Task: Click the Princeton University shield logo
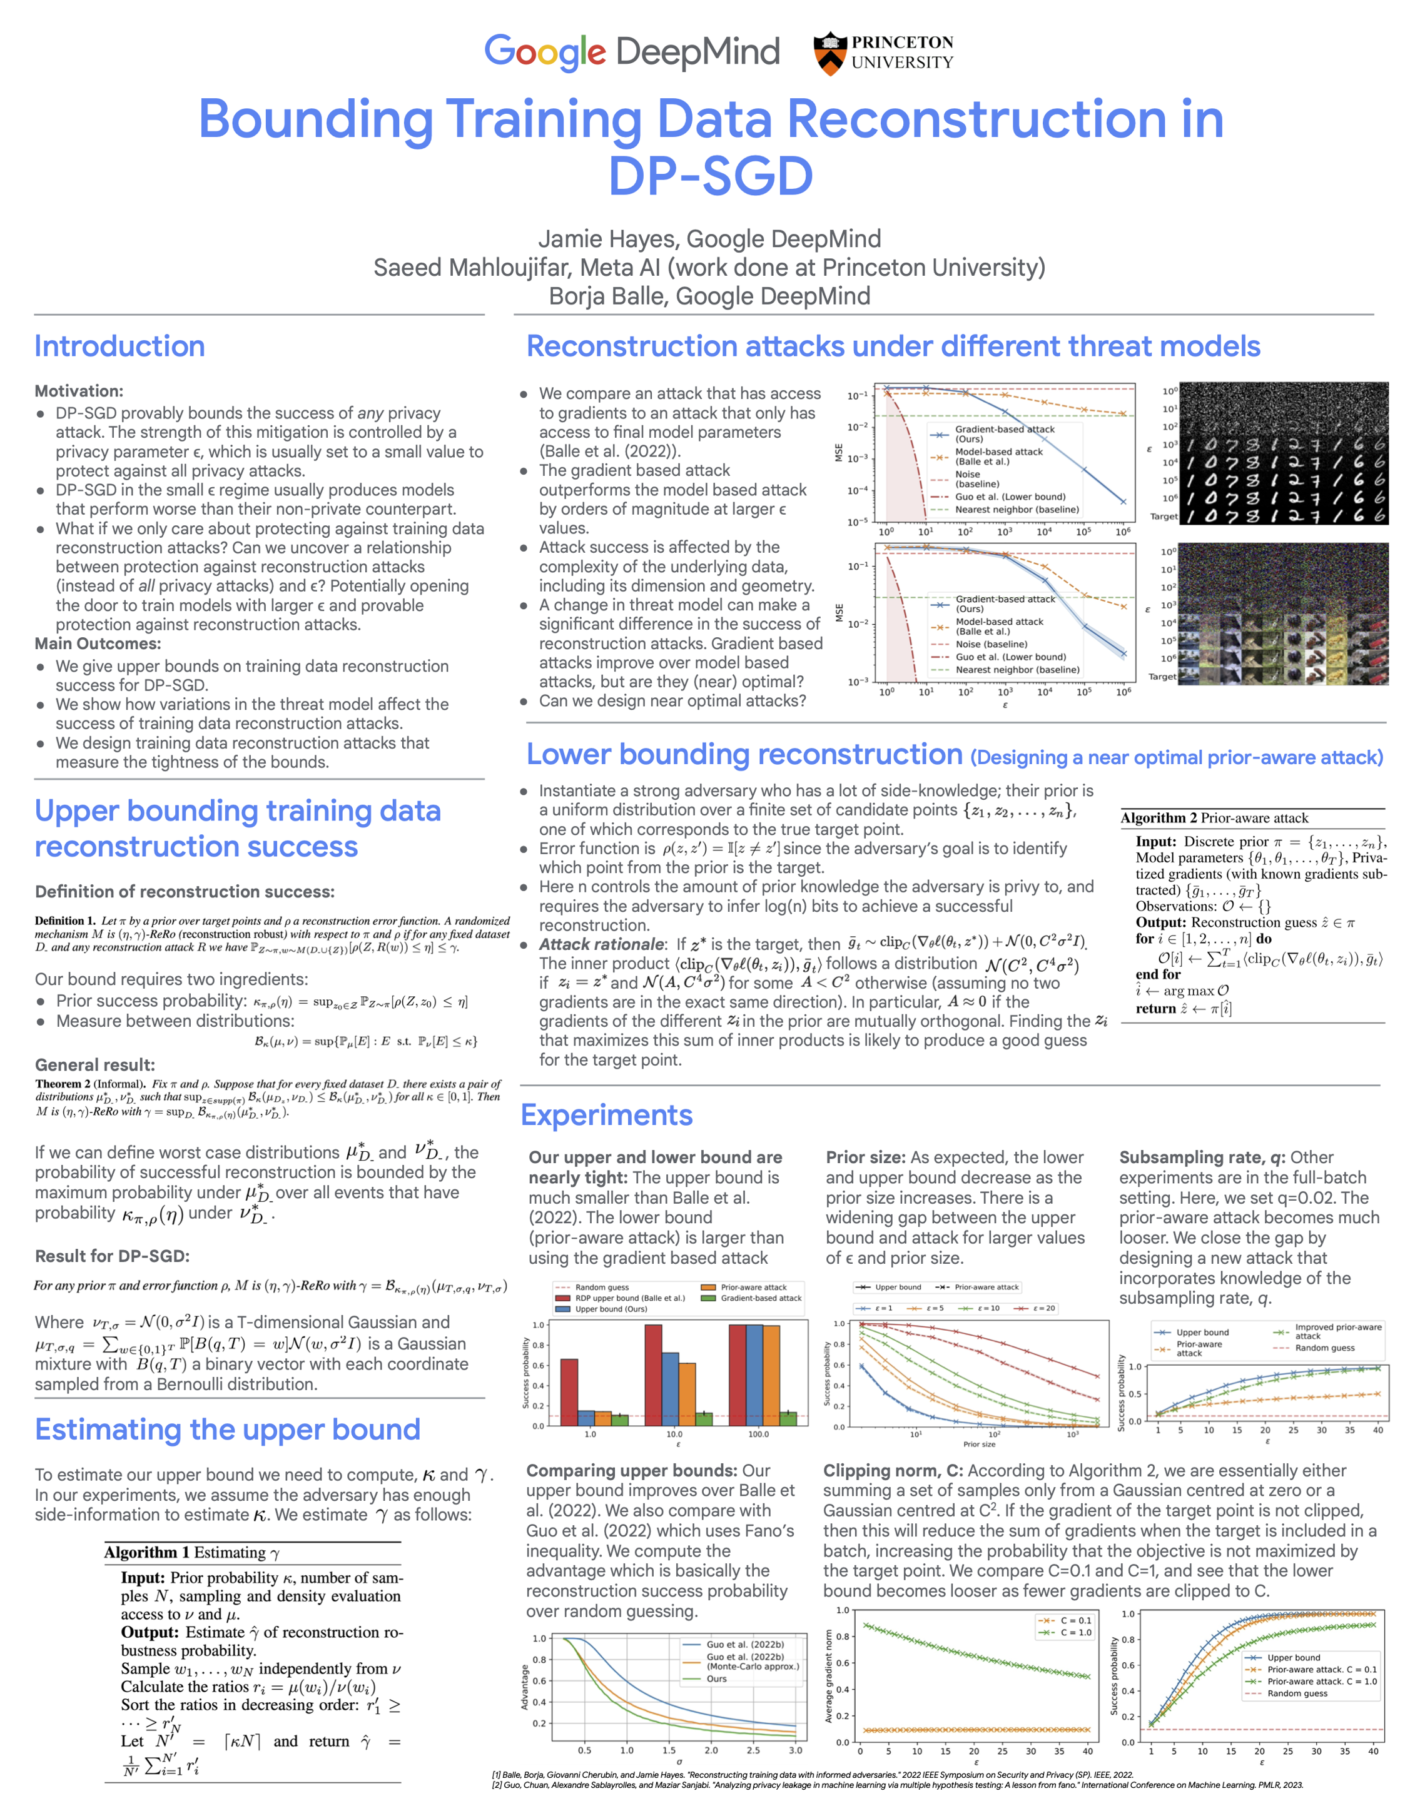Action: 829,53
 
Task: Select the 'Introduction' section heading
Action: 119,346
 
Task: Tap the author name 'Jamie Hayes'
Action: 608,240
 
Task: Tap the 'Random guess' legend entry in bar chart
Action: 601,1288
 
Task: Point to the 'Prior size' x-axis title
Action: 978,1445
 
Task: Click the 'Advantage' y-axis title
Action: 525,1687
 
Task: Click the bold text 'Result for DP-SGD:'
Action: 112,1256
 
